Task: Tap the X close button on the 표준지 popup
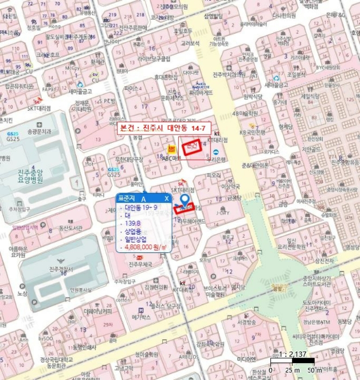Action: coord(167,199)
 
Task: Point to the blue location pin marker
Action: coord(185,200)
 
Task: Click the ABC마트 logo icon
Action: coord(171,148)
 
